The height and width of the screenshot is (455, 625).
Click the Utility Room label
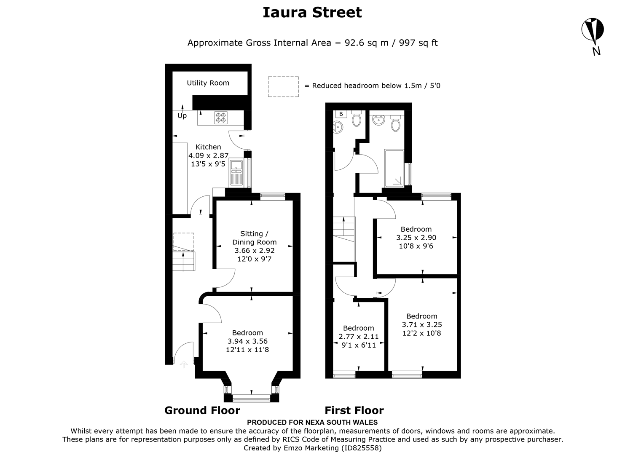click(208, 83)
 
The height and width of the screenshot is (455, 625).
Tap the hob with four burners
click(221, 118)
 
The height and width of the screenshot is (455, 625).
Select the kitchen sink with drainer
click(236, 173)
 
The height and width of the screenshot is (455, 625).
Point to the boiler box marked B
click(341, 114)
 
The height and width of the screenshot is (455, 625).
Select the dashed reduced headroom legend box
click(283, 86)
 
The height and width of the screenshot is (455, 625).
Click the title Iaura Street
click(312, 12)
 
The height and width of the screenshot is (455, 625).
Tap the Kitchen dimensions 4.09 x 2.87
click(208, 155)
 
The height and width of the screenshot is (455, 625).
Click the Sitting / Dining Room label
click(255, 238)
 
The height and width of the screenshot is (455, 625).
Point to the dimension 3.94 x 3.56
click(247, 341)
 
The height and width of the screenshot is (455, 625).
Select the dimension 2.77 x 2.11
click(359, 337)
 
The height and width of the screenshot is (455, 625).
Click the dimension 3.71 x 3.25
click(422, 324)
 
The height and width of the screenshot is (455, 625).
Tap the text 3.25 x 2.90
click(416, 238)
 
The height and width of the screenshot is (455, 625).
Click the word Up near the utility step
click(182, 115)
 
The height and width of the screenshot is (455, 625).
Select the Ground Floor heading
click(202, 410)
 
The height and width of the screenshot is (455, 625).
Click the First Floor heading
click(354, 410)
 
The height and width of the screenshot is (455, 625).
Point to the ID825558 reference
click(360, 448)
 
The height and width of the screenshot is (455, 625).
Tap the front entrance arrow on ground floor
click(183, 364)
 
